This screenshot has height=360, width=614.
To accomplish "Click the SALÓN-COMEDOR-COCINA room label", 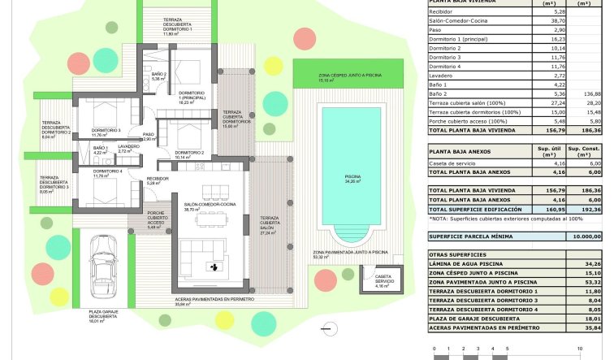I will (210, 206).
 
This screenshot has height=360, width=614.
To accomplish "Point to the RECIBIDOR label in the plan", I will (158, 180).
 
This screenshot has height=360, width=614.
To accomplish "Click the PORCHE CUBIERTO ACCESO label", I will (156, 219).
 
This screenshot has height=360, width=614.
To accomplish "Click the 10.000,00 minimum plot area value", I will (582, 236).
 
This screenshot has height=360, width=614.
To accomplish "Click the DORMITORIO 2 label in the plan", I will (188, 152).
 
